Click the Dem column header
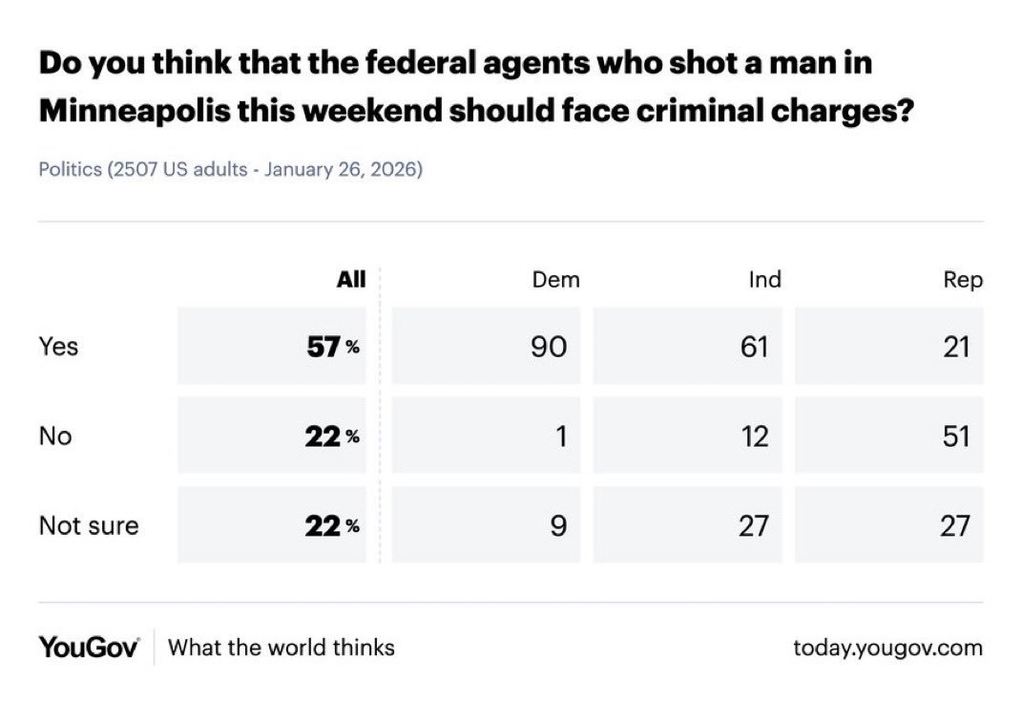[555, 280]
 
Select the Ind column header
[764, 280]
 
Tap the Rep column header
[962, 280]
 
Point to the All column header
[351, 280]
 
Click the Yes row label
[58, 346]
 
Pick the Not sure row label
[88, 525]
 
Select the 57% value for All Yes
[333, 347]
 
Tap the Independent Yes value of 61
[754, 347]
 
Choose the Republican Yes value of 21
[955, 347]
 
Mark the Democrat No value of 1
[561, 437]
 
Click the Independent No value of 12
[754, 437]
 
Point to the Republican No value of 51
[955, 437]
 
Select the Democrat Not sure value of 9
[558, 525]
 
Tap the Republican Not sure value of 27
[955, 525]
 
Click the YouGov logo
[89, 647]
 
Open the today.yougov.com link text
[887, 648]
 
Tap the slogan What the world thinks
[281, 647]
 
